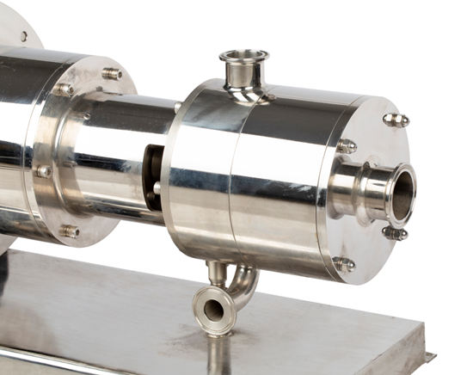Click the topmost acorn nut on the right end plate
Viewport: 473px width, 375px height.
pos(395,120)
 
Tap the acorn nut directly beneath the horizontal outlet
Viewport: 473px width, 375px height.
pos(394,233)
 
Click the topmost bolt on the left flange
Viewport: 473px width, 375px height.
pos(112,74)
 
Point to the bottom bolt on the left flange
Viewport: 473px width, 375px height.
pos(69,231)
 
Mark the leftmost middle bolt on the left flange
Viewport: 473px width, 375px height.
pos(43,171)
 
